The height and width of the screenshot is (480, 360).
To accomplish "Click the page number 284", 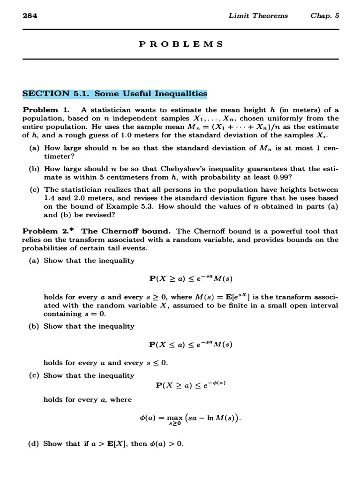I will tap(30, 15).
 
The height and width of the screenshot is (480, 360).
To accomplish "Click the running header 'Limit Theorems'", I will tap(258, 15).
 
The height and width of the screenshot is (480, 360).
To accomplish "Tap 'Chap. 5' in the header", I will tap(324, 15).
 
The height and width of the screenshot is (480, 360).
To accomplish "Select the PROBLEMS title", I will tap(180, 44).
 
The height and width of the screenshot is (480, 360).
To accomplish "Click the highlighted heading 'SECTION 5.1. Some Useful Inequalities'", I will tap(115, 94).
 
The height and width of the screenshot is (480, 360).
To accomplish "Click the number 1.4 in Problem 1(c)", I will tap(50, 198).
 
